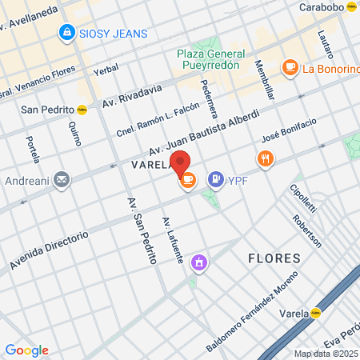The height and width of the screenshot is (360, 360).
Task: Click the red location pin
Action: point(181,163)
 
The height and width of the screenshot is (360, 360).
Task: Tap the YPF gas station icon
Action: point(215,180)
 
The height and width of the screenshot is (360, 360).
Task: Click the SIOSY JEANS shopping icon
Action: point(66,33)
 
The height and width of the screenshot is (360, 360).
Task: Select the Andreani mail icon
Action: point(62,180)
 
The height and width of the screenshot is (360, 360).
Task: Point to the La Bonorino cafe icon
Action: point(290,69)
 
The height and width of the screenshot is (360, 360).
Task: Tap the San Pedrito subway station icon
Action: point(84,110)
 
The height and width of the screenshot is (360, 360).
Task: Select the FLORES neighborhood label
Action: point(274,258)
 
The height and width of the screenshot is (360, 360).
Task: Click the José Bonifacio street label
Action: point(289,131)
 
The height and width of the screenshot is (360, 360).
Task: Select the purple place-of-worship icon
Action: point(199,261)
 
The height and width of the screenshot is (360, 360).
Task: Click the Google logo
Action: point(26,350)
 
